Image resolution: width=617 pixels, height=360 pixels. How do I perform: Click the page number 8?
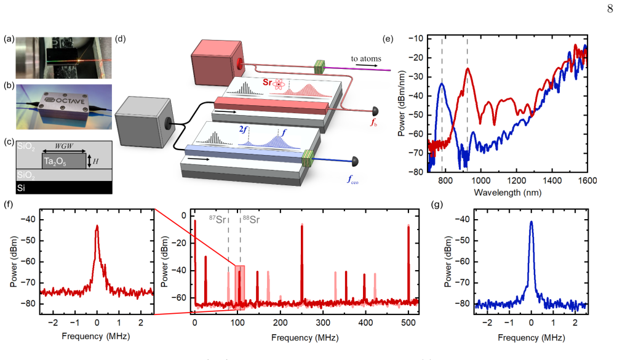tap(610, 8)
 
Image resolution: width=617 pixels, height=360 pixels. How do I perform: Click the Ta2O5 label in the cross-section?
tap(55, 162)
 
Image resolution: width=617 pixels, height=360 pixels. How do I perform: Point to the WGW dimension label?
tap(64, 146)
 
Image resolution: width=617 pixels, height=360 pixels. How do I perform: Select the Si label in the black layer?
tap(22, 188)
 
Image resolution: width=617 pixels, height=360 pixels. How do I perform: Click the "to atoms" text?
tap(366, 58)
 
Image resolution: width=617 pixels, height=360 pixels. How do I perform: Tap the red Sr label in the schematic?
tap(267, 82)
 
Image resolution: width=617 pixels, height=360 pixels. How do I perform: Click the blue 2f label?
tap(243, 129)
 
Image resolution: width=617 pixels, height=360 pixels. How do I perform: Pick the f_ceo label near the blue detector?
tap(352, 180)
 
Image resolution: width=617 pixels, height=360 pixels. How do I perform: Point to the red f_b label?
tap(373, 122)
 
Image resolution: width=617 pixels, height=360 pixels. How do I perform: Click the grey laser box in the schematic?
tap(144, 122)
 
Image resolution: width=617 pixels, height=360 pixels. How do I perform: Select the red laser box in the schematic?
tap(218, 63)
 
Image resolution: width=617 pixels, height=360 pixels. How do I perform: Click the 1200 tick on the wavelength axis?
tap(516, 180)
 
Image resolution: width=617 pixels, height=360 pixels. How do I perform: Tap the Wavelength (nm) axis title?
tap(508, 193)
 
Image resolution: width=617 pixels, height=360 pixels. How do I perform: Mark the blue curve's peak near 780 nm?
tap(442, 84)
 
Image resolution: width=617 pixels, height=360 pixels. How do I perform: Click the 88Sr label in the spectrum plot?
tap(251, 220)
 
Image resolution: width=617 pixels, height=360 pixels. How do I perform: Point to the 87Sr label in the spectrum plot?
tap(217, 220)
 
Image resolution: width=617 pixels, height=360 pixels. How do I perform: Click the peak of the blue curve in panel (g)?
tap(531, 222)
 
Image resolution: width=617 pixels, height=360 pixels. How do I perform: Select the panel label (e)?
tap(388, 39)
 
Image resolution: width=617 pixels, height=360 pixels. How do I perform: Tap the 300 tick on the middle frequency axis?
tap(323, 322)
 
